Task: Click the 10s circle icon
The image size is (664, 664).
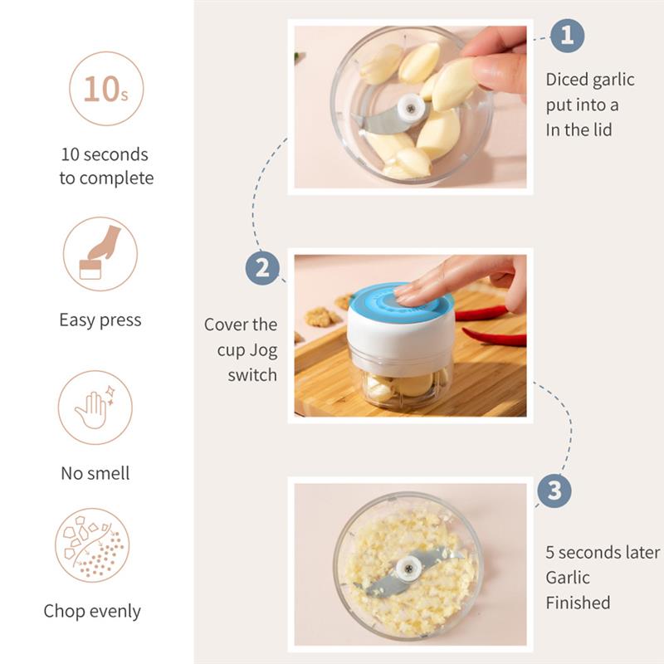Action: tap(106, 89)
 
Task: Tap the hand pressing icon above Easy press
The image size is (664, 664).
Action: tap(100, 254)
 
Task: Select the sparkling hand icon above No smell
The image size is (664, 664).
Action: tap(95, 408)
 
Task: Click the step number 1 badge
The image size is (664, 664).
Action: tap(567, 36)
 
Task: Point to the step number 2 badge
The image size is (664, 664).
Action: tap(262, 268)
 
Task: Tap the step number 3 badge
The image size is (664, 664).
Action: tap(554, 491)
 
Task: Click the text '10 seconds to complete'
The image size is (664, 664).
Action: tap(106, 166)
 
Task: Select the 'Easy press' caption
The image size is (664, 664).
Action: tap(100, 320)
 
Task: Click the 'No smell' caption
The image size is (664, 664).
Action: tap(95, 473)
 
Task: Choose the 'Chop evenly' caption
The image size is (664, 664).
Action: tap(92, 612)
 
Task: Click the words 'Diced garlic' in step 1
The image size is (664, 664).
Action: tap(589, 80)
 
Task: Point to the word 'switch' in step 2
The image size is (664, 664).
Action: tap(252, 375)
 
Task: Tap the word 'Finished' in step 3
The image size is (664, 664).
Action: tap(578, 603)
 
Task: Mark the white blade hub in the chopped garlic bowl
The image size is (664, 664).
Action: tap(407, 568)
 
